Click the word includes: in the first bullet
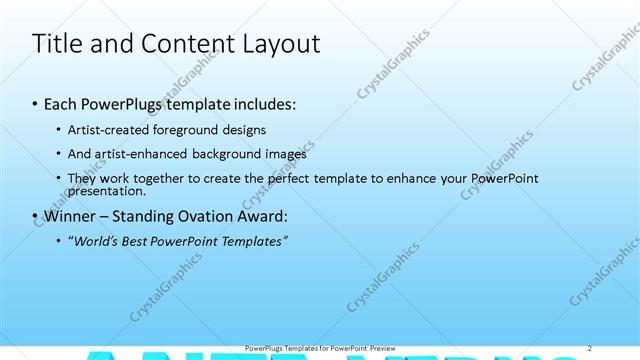[x=263, y=104]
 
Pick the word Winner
[x=71, y=216]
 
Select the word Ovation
[x=214, y=216]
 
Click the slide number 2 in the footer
[x=591, y=347]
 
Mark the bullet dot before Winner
[x=35, y=217]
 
